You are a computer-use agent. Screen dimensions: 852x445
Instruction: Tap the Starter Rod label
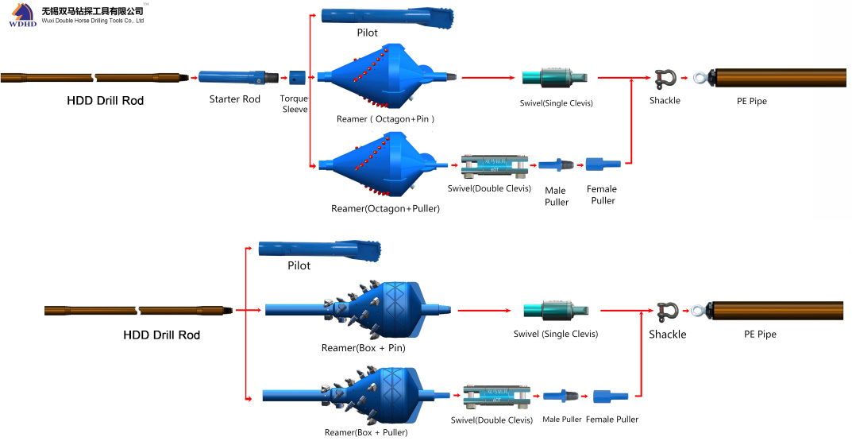click(235, 99)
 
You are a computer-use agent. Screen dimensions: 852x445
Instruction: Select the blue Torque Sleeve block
click(297, 78)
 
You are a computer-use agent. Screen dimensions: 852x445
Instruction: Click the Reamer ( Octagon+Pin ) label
click(385, 119)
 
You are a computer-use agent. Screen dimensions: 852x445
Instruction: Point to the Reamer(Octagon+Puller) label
click(385, 208)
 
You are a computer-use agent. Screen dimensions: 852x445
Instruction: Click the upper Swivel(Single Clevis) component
click(555, 77)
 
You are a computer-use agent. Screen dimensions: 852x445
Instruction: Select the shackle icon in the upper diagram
click(665, 79)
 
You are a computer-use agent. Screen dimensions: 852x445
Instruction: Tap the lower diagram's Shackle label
click(667, 335)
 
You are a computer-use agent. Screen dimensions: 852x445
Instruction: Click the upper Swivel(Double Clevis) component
click(495, 166)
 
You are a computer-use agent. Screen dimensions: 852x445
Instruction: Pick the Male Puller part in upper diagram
click(556, 164)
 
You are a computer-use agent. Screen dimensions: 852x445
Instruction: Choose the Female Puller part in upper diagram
click(603, 164)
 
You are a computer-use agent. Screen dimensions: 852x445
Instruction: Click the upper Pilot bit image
click(387, 17)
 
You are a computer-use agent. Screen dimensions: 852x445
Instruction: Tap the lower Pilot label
click(299, 265)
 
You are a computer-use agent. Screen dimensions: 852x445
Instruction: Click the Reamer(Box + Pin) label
click(363, 347)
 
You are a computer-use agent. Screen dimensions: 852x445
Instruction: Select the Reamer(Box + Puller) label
click(366, 432)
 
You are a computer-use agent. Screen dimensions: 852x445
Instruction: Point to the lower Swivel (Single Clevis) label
click(555, 334)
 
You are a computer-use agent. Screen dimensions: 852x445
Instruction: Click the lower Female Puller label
click(612, 420)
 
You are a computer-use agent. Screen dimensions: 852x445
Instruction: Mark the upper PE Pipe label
click(751, 101)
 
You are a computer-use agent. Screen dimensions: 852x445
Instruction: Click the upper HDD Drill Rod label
click(105, 101)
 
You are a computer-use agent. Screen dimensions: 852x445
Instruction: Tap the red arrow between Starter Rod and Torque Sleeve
click(283, 79)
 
